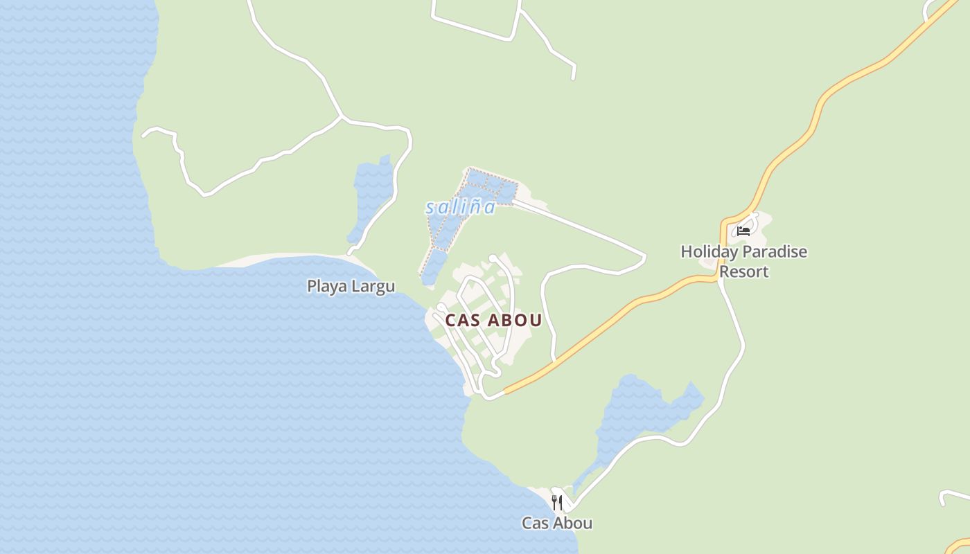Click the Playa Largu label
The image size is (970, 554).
pyautogui.click(x=351, y=286)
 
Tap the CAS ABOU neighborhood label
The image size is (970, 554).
pyautogui.click(x=493, y=321)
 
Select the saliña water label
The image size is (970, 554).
pyautogui.click(x=461, y=207)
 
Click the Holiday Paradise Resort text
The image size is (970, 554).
pyautogui.click(x=743, y=261)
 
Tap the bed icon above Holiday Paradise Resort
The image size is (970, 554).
pyautogui.click(x=743, y=231)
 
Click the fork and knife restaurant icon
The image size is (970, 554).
pyautogui.click(x=556, y=502)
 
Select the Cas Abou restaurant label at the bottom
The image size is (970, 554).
pyautogui.click(x=557, y=524)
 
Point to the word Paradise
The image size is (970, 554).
pyautogui.click(x=775, y=251)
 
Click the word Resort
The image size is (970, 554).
pyautogui.click(x=744, y=271)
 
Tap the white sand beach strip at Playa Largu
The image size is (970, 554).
pyautogui.click(x=277, y=259)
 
